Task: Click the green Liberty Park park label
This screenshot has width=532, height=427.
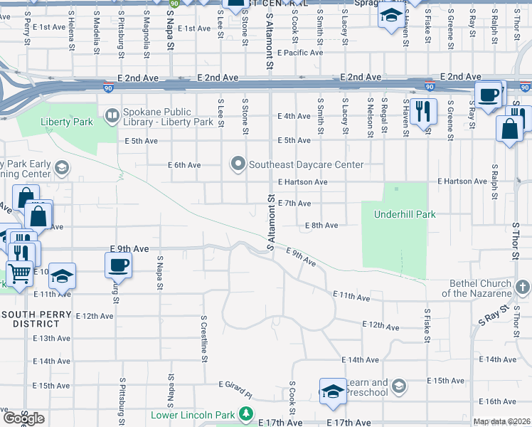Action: tap(67, 122)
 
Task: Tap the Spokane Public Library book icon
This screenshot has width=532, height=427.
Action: tap(112, 115)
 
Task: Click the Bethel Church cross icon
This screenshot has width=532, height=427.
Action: tap(522, 287)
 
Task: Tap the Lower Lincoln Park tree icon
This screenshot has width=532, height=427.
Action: tap(245, 413)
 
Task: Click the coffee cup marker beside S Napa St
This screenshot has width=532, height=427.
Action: tap(118, 265)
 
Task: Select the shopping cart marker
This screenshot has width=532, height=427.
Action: tap(19, 272)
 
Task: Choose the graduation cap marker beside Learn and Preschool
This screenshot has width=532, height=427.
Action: tap(331, 391)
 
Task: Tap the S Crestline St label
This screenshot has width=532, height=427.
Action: tap(203, 339)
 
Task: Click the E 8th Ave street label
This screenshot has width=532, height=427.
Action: tap(321, 226)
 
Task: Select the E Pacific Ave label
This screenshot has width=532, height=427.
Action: tap(301, 53)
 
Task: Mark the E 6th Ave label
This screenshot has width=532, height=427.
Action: tap(184, 165)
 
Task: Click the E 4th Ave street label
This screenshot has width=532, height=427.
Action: tap(294, 116)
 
